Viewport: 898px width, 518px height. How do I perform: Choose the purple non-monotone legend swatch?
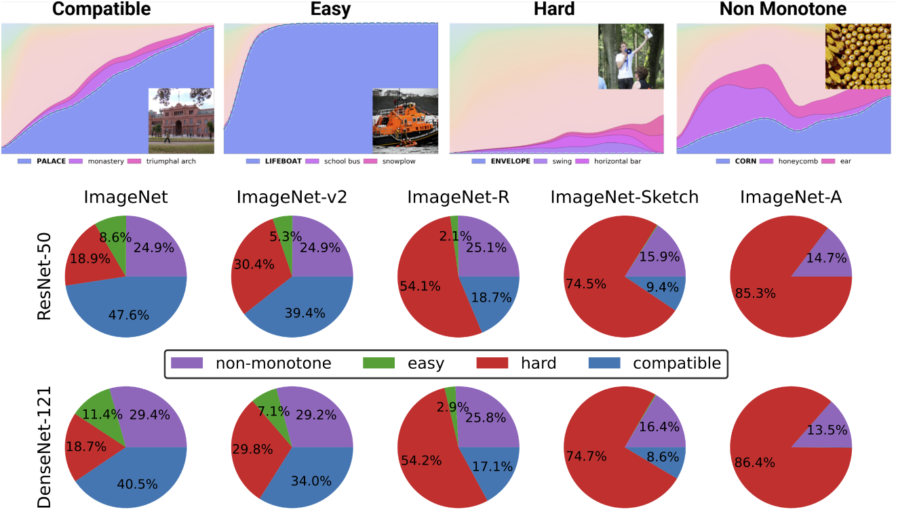188,363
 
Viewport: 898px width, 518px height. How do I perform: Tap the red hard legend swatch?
494,363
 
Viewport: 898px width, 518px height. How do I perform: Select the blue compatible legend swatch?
605,363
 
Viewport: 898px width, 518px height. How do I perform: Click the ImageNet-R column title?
458,198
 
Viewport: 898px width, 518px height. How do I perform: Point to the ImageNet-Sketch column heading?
625,198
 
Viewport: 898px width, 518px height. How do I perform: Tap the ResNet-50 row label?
46,276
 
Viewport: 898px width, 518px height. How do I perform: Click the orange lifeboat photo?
405,121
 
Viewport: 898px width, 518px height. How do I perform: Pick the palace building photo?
181,121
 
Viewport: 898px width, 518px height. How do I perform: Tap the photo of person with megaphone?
629,57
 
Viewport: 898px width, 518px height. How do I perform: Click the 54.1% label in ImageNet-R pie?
420,286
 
